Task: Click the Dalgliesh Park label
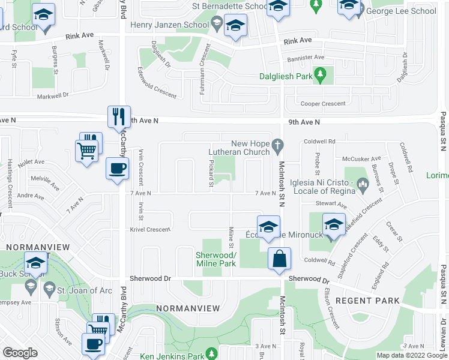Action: pos(286,76)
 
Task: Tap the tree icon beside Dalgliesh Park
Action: pos(321,76)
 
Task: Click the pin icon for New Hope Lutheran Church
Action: pos(277,144)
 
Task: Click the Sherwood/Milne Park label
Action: pos(216,259)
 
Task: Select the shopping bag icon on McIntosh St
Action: pos(279,259)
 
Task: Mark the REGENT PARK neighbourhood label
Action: pos(360,300)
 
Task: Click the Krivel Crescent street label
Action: pos(151,229)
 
